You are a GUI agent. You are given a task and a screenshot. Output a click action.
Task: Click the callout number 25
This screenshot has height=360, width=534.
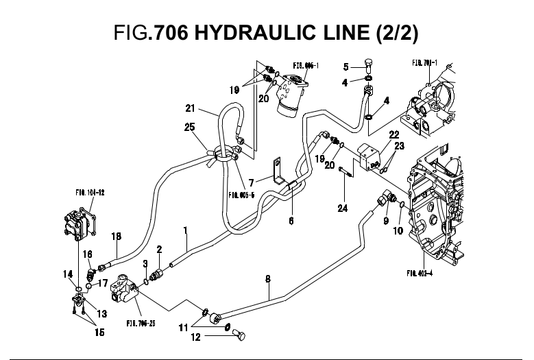(190, 126)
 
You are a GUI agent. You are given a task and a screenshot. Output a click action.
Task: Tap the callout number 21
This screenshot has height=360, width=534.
(191, 108)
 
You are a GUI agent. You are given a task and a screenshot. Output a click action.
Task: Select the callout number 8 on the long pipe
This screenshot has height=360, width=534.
(268, 279)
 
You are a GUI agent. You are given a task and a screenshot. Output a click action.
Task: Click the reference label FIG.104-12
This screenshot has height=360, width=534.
(90, 193)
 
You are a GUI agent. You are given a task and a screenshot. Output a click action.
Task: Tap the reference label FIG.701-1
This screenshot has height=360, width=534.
(426, 62)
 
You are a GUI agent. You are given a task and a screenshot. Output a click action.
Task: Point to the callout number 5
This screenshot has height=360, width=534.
(346, 67)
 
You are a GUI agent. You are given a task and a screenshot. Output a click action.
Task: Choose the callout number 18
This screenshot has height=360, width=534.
(117, 237)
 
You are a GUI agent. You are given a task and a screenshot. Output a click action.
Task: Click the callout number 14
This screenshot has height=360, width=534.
(68, 274)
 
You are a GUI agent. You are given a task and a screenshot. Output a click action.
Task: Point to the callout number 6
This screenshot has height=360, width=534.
(291, 222)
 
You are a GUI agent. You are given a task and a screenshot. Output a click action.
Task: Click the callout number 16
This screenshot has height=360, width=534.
(88, 254)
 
